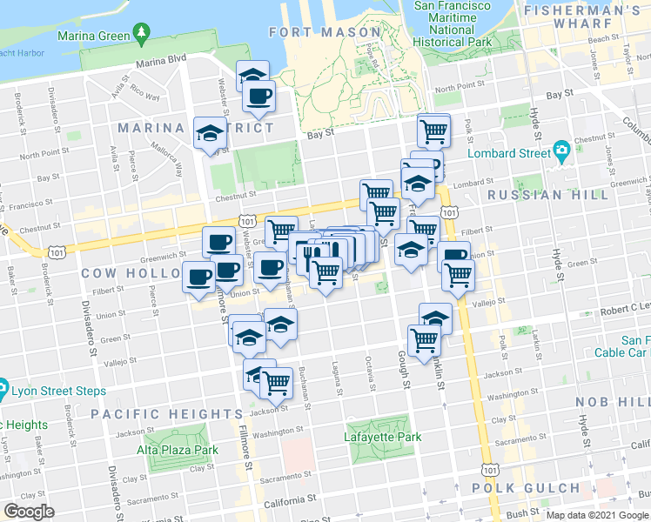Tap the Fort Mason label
tap(313, 32)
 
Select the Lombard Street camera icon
tap(561, 151)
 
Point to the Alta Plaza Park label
tap(178, 451)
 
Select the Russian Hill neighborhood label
tap(548, 195)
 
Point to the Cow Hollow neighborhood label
tap(124, 272)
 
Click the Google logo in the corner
tap(29, 512)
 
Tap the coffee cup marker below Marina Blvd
tap(258, 97)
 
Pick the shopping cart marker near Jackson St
tap(277, 381)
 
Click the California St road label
tap(289, 500)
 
